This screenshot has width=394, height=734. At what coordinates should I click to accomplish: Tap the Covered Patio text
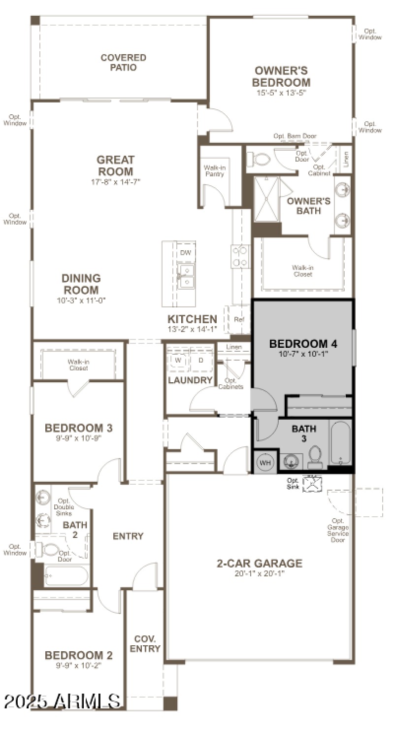click(123, 63)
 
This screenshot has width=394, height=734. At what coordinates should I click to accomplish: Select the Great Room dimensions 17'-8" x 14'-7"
click(115, 182)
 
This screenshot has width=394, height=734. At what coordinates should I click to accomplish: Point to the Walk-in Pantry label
click(214, 171)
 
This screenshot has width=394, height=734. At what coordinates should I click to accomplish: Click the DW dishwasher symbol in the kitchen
click(186, 253)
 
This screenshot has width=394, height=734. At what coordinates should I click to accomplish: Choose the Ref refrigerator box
click(239, 319)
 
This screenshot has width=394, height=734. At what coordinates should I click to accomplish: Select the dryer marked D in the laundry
click(200, 360)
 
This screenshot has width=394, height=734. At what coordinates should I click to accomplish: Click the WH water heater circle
click(265, 463)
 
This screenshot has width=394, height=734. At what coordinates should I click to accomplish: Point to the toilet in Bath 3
click(315, 457)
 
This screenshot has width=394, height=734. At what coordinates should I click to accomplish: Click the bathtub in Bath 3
click(340, 442)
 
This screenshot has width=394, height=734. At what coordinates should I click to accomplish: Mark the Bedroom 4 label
click(303, 343)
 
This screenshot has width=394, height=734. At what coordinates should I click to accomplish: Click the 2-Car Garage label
click(260, 563)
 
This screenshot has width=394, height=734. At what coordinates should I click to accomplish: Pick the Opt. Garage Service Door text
click(338, 530)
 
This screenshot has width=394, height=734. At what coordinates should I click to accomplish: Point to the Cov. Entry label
click(145, 644)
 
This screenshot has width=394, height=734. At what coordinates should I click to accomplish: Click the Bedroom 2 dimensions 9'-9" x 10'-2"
click(79, 665)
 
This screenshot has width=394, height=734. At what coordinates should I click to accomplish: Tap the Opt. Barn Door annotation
click(295, 136)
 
